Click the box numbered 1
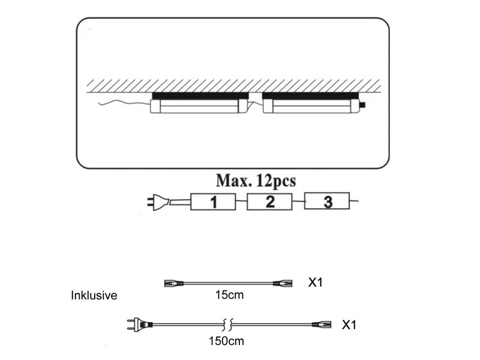point(212,202)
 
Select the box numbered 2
point(269,202)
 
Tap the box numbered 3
point(327,202)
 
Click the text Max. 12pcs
point(256,180)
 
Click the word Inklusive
point(94,296)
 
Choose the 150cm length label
point(227,341)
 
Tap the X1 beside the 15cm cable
point(315,281)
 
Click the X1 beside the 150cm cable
point(349,325)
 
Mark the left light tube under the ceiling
point(198,107)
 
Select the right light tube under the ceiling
point(312,107)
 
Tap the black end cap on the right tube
point(363,107)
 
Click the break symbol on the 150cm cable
point(227,325)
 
